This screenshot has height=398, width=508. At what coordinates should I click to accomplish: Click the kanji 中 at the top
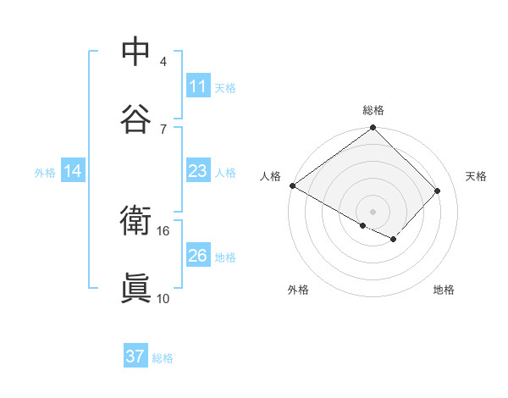(x=135, y=51)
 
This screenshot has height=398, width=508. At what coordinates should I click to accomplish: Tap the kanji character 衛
(x=135, y=221)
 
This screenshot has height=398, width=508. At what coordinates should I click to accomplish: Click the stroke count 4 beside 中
(x=163, y=61)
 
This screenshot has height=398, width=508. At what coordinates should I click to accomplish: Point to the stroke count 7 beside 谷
(x=163, y=129)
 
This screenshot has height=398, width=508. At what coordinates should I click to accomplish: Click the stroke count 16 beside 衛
(x=163, y=230)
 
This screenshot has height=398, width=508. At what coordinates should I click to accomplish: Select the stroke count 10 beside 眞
(x=163, y=298)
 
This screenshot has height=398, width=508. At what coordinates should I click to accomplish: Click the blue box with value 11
(x=197, y=86)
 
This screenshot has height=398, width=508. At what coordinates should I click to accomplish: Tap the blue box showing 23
(x=197, y=171)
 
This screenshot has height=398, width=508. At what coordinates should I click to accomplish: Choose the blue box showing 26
(x=197, y=256)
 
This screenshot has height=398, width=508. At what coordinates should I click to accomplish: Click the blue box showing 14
(x=73, y=171)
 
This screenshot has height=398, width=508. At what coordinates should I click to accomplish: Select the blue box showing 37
(x=135, y=357)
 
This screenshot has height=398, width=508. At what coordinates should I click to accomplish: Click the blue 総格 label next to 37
(x=163, y=358)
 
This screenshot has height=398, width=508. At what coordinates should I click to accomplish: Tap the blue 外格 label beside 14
(x=45, y=173)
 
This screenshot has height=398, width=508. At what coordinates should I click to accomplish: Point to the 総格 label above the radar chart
(x=373, y=110)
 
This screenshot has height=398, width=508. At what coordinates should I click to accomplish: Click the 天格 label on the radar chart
(x=477, y=176)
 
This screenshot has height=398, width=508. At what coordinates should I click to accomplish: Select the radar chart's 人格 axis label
(x=270, y=176)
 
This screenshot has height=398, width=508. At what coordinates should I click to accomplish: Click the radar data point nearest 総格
(x=373, y=129)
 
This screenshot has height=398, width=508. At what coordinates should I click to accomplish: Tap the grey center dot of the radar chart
(x=373, y=211)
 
